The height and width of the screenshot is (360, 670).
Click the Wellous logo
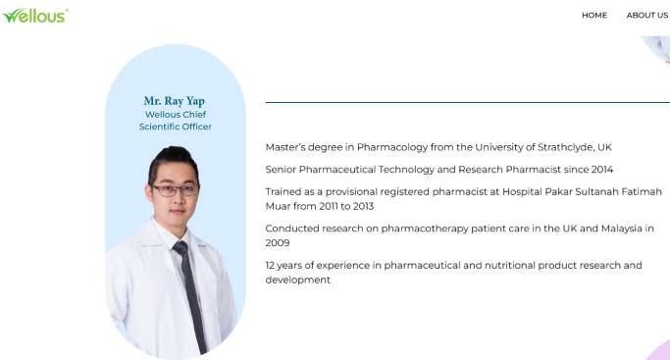34,15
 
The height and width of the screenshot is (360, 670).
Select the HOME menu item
594,15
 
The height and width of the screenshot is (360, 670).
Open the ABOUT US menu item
647,15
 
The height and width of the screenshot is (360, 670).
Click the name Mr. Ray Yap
175,101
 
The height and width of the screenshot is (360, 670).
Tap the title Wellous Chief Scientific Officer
175,120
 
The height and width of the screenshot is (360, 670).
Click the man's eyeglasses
176,189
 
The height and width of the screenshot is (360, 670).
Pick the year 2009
278,242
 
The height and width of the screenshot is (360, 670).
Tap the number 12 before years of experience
271,265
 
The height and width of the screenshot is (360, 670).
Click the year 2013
361,206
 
